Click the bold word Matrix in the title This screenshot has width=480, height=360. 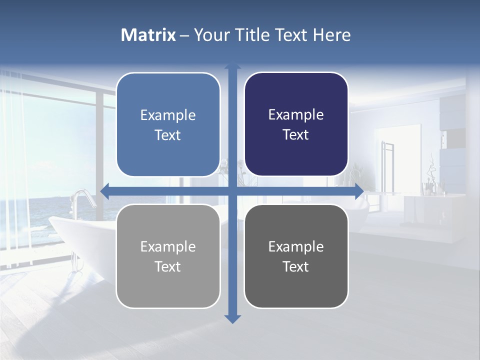coord(148,35)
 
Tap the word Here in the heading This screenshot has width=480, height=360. coord(331,35)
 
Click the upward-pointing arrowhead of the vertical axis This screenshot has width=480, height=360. coord(232,66)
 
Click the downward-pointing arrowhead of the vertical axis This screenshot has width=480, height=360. coord(232,318)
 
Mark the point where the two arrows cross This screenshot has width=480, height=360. coord(232,191)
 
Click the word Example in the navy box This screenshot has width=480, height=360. coord(296,115)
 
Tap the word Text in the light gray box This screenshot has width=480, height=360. coord(168,266)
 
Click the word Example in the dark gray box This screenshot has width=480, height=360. coord(296,246)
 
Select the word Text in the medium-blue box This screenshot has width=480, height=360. coord(168,135)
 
